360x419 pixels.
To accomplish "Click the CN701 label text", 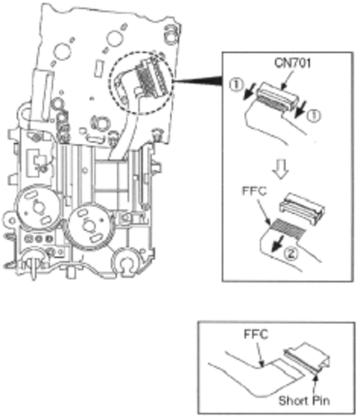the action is point(292,63).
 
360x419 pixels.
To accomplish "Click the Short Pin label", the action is point(304,400).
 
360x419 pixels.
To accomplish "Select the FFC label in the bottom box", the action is point(256,334).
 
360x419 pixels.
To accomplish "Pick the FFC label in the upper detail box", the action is point(255,191).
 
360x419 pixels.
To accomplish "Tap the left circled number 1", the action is point(236,85).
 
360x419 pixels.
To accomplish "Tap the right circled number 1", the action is point(313,116).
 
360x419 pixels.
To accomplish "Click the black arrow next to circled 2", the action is point(276,244).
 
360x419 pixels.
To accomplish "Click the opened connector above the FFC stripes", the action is point(301,207).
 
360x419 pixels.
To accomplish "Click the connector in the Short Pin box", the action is point(307,357).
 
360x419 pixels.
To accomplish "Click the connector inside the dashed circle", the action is point(151,78).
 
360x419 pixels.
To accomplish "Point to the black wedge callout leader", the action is point(197,81).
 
